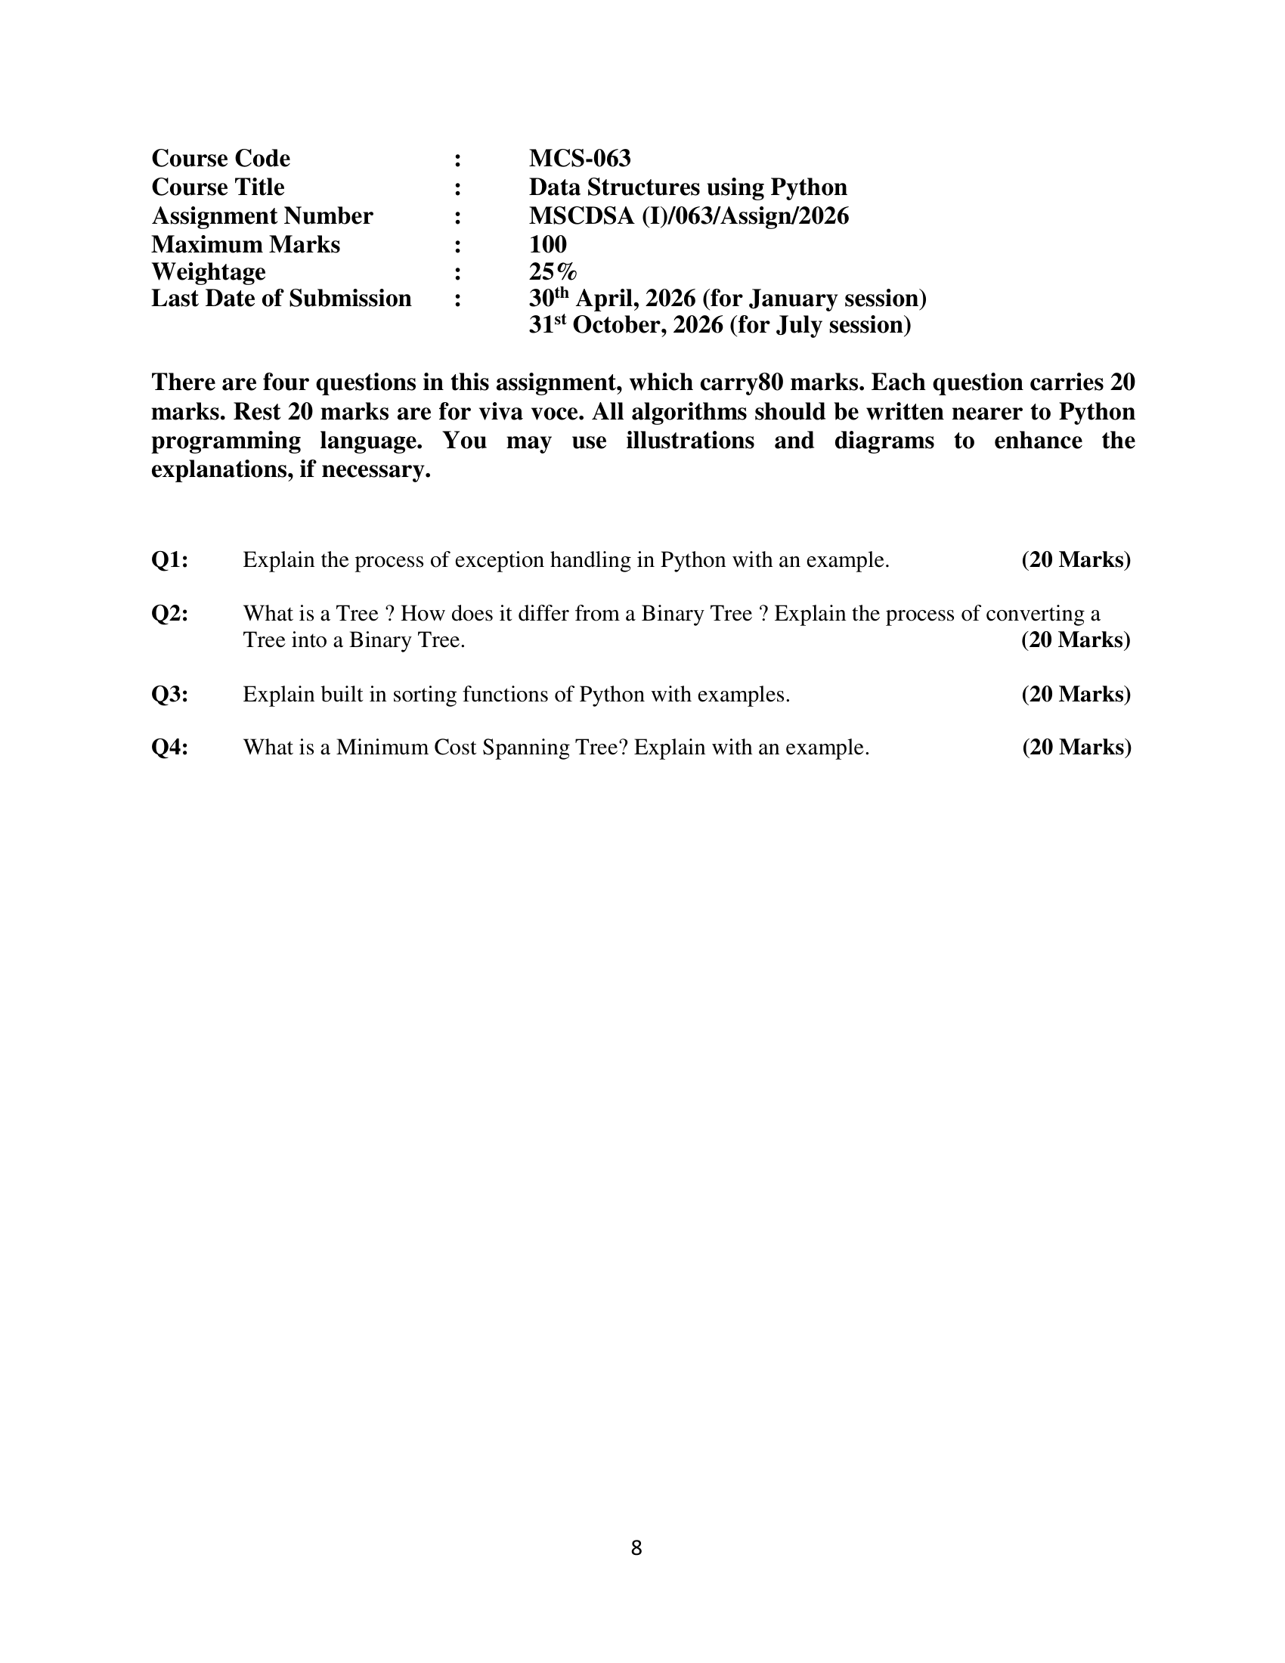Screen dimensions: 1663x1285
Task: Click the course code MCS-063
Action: [579, 159]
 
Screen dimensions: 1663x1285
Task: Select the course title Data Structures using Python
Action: [687, 187]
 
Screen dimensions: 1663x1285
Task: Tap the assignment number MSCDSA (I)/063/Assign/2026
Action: [688, 216]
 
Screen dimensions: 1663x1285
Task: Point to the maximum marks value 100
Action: [547, 244]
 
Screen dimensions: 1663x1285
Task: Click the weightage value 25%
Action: [553, 272]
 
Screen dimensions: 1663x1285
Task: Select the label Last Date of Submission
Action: [281, 299]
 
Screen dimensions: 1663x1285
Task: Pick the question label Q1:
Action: [170, 560]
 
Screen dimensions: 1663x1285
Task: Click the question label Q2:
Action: [170, 614]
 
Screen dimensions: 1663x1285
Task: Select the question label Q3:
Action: [170, 695]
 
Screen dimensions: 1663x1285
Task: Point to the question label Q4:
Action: [170, 748]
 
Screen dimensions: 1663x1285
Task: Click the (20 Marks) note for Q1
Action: [1076, 560]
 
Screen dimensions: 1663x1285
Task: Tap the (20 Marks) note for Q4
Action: [1076, 748]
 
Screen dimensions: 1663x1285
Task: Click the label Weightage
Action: [209, 272]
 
